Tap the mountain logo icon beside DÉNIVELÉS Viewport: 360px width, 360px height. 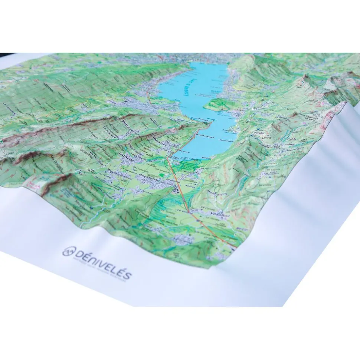(x=68, y=252)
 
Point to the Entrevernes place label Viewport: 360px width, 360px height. (x=132, y=122)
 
